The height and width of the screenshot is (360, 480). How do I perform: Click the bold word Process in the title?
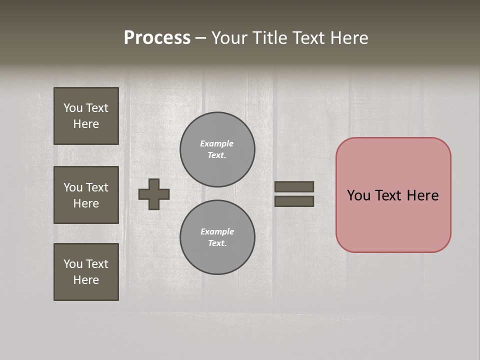157,38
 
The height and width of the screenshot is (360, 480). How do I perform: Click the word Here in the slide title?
348,38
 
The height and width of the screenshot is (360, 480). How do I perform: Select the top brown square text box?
86,116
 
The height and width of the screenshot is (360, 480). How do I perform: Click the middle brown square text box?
86,195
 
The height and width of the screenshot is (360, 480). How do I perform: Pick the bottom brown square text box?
86,272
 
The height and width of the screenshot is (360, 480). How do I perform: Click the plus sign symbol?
154,194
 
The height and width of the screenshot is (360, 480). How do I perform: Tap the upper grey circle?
217,149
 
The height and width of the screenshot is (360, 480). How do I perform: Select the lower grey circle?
217,237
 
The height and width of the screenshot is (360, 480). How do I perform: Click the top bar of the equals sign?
294,186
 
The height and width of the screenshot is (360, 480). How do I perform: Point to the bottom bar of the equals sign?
294,201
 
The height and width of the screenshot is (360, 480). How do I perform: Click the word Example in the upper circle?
216,143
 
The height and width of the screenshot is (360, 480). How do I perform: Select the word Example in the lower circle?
217,231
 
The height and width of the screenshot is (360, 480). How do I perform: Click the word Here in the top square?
86,124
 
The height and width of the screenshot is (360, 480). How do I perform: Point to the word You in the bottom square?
73,264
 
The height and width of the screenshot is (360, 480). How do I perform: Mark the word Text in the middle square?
96,187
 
